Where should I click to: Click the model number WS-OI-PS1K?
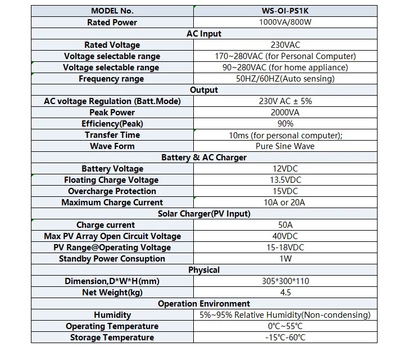point(285,11)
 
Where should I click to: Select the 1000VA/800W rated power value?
point(285,22)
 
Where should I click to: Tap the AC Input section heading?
point(204,34)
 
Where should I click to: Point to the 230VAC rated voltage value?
point(285,45)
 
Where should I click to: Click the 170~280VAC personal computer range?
point(285,56)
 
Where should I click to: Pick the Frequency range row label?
point(111,79)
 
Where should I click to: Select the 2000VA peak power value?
point(285,112)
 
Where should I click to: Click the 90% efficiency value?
point(285,124)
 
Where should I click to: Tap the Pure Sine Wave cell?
point(285,146)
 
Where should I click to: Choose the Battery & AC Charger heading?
point(204,157)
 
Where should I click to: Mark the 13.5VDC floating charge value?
point(285,180)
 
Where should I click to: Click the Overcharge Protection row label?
point(112,191)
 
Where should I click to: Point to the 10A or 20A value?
point(284,202)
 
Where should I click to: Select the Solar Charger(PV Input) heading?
point(204,214)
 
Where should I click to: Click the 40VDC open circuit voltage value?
point(285,236)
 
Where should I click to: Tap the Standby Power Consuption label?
point(112,259)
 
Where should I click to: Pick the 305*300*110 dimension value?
point(285,281)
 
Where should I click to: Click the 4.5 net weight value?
point(285,292)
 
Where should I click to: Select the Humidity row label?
point(112,315)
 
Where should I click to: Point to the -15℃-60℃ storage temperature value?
point(285,337)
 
